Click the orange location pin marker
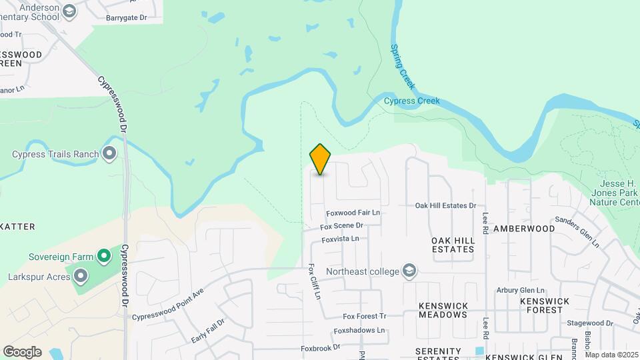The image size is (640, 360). [321, 159]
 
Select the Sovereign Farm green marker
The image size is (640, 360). [103, 256]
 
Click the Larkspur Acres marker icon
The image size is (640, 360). [81, 275]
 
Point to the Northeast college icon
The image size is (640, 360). [409, 271]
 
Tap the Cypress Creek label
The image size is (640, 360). [412, 101]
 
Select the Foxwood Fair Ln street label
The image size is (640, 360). [353, 213]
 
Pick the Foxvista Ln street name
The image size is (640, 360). [340, 239]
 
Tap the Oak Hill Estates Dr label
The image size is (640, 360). [445, 206]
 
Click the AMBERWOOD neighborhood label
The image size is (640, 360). [524, 228]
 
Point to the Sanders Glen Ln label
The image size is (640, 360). [577, 231]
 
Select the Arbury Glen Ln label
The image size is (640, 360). [521, 290]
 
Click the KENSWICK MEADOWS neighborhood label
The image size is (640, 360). [443, 310]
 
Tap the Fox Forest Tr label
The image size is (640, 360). [365, 316]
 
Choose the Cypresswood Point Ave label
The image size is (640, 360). [167, 305]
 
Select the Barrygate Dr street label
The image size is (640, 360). [125, 19]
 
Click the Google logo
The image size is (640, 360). [22, 352]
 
